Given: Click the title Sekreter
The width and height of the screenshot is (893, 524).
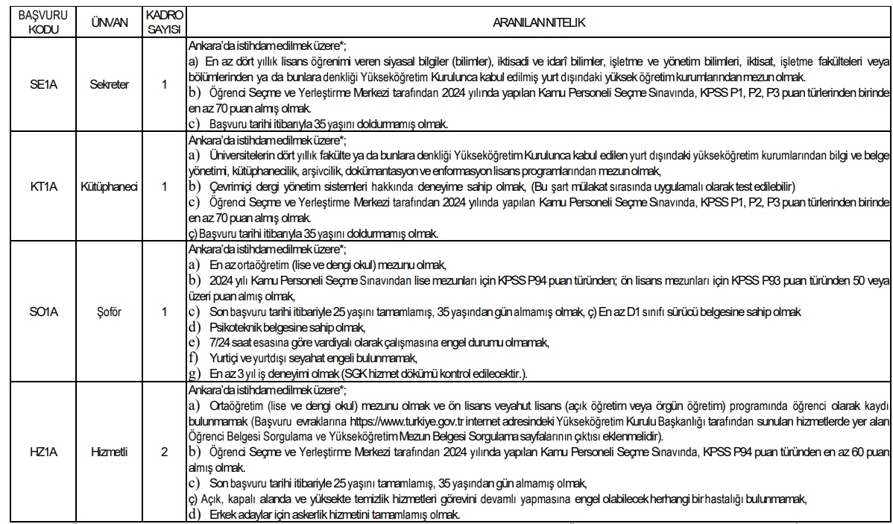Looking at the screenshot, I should (x=109, y=84).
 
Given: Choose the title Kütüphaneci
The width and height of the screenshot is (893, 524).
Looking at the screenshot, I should (x=109, y=186).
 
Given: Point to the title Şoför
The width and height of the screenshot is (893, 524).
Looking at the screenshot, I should (x=109, y=311).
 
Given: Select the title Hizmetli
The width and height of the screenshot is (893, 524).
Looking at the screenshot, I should (x=109, y=452).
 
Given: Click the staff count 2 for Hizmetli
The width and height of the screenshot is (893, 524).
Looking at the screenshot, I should (x=164, y=452).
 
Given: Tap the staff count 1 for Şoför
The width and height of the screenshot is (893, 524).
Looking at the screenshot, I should (x=164, y=311).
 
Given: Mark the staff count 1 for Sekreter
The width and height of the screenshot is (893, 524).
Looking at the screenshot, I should (x=164, y=84).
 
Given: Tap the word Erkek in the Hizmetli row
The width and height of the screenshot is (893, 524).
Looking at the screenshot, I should (x=223, y=515).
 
